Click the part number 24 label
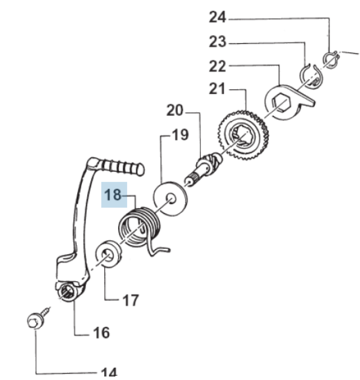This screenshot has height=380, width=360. (217, 18)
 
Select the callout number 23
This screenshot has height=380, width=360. (217, 42)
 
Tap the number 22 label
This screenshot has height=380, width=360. (217, 66)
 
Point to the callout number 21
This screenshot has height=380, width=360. (217, 89)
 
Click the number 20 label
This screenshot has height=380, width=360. (175, 110)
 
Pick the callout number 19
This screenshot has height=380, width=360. (181, 135)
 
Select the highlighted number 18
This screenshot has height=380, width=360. (113, 195)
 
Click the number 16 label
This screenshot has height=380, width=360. (101, 333)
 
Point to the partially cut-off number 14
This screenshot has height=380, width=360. (109, 372)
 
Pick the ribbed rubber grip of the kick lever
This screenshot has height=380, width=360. (122, 166)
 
